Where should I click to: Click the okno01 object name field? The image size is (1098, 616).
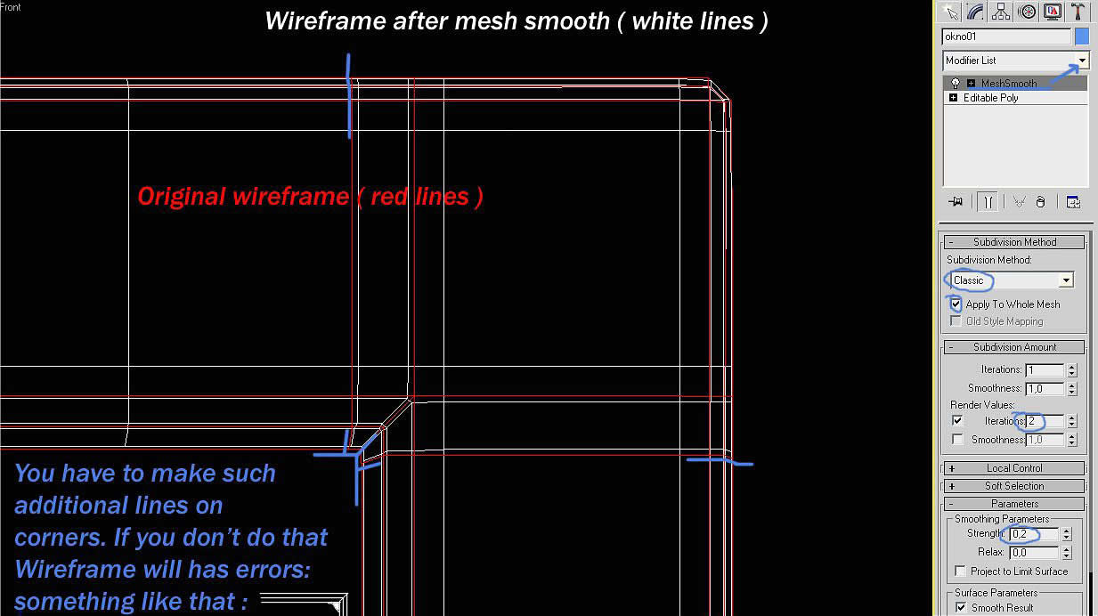tap(1006, 36)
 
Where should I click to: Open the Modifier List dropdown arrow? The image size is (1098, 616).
tap(1082, 61)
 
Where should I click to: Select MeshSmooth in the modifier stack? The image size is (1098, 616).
tap(1009, 83)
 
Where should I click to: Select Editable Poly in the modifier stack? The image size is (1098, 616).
tap(990, 98)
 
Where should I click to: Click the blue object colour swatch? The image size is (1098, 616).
tap(1082, 36)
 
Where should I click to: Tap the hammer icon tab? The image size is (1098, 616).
tap(1078, 12)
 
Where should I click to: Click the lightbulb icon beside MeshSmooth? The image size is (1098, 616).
tap(955, 83)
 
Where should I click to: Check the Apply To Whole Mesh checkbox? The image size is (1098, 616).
tap(956, 304)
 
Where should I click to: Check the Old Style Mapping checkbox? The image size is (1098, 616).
tap(956, 320)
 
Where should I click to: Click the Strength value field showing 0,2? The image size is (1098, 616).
tap(1033, 534)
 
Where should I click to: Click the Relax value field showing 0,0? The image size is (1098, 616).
tap(1033, 553)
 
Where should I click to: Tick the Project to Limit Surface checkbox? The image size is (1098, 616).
tap(960, 571)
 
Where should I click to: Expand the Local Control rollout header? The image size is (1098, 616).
tap(1013, 468)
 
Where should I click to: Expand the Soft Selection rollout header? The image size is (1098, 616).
tap(1013, 486)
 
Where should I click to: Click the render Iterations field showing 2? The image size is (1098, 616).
tap(1045, 421)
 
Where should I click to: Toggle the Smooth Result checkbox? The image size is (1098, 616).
tap(960, 607)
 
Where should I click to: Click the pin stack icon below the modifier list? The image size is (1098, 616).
tap(956, 202)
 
